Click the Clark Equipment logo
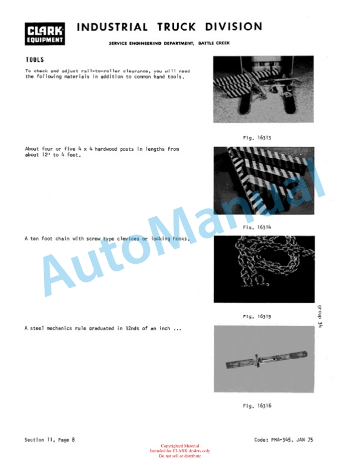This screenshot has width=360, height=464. pyautogui.click(x=45, y=34)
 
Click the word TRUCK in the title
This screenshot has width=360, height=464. pyautogui.click(x=176, y=26)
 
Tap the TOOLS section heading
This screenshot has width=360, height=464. pyautogui.click(x=35, y=59)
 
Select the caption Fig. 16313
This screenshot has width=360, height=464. pyautogui.click(x=257, y=138)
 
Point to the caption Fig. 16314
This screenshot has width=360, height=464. pyautogui.click(x=257, y=227)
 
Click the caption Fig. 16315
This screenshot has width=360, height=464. pyautogui.click(x=257, y=316)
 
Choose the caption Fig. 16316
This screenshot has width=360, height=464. pyautogui.click(x=257, y=406)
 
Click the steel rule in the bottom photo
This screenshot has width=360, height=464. pyautogui.click(x=266, y=359)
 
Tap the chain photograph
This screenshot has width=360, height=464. pyautogui.click(x=264, y=269)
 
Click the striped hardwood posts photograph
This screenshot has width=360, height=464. pyautogui.click(x=264, y=181)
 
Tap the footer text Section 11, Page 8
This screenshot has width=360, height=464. pyautogui.click(x=49, y=440)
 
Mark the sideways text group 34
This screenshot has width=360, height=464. pyautogui.click(x=319, y=316)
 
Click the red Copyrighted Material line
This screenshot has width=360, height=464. pyautogui.click(x=180, y=446)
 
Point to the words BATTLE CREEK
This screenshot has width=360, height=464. pyautogui.click(x=214, y=43)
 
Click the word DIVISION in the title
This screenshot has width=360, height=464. pyautogui.click(x=234, y=26)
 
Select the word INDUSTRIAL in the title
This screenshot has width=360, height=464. pyautogui.click(x=112, y=27)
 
